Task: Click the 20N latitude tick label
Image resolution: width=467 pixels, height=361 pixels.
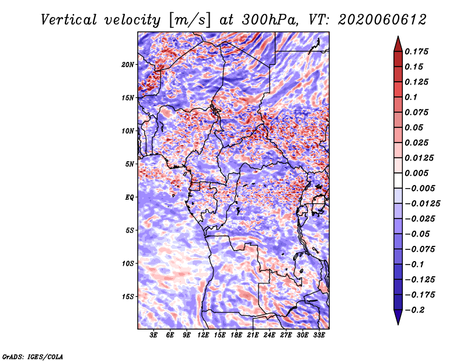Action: click(x=128, y=65)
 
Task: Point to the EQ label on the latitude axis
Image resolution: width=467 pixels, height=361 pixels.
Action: click(x=130, y=197)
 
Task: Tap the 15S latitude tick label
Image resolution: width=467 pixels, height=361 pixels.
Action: click(x=128, y=297)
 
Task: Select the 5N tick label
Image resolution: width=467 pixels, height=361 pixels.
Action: click(x=130, y=164)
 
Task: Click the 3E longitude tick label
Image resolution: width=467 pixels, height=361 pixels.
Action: click(x=154, y=335)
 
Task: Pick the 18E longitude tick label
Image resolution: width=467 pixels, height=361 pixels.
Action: click(x=236, y=335)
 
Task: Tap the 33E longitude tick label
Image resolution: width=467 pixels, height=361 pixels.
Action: click(x=319, y=335)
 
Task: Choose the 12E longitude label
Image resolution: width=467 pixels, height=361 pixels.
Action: click(x=203, y=335)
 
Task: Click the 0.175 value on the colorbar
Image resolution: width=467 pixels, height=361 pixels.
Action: click(x=416, y=51)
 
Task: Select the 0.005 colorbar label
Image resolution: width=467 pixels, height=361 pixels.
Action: click(x=416, y=173)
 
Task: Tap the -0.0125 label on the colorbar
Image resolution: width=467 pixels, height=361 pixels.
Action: click(x=422, y=204)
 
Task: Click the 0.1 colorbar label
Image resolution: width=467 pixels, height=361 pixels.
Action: click(x=411, y=97)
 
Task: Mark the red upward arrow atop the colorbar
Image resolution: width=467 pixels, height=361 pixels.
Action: click(x=398, y=44)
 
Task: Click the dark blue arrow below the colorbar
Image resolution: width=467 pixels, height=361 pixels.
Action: click(x=398, y=317)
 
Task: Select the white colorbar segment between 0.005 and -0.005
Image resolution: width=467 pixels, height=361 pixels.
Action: click(x=398, y=180)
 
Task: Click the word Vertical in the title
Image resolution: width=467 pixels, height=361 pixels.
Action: click(x=69, y=20)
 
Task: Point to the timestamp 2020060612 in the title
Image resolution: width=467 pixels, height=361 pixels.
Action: click(x=382, y=20)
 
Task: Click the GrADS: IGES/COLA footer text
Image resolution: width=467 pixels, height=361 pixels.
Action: click(x=33, y=356)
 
